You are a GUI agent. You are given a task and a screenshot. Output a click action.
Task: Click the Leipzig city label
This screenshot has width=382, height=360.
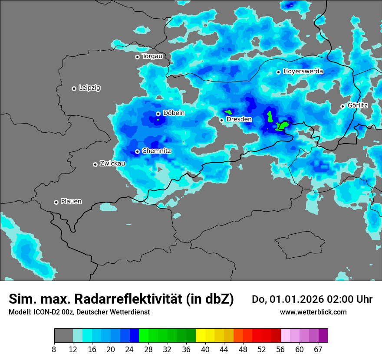tap(89, 88)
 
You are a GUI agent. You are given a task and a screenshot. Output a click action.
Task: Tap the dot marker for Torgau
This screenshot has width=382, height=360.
tap(137, 57)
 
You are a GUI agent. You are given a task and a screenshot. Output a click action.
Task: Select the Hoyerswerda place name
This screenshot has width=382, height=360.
tap(303, 72)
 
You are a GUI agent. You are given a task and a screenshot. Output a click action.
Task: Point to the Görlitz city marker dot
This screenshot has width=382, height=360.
tap(342, 106)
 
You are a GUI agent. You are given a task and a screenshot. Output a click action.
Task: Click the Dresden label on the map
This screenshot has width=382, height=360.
tap(239, 119)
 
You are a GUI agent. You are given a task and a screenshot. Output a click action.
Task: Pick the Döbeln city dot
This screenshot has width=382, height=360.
tap(158, 114)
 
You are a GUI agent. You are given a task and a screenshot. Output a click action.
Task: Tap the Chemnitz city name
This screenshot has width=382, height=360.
tap(157, 151)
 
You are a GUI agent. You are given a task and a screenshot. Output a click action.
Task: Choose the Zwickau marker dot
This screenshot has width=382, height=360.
tap(95, 164)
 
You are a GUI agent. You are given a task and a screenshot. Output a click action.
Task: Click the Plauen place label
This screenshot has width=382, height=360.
tap(71, 202)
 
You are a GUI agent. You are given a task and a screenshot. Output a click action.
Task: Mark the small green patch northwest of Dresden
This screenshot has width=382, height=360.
tap(228, 111)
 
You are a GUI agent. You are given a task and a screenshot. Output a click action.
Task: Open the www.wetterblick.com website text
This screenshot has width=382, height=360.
tap(313, 312)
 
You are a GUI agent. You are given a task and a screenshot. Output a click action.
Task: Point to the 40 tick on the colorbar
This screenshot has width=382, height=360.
tap(205, 350)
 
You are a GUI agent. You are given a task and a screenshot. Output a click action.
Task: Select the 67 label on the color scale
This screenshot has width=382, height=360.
tap(318, 350)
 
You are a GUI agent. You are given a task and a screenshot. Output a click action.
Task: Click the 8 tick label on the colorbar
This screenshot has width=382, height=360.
tap(54, 350)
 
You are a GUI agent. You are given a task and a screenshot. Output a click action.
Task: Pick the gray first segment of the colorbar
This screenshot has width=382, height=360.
tap(63, 336)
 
